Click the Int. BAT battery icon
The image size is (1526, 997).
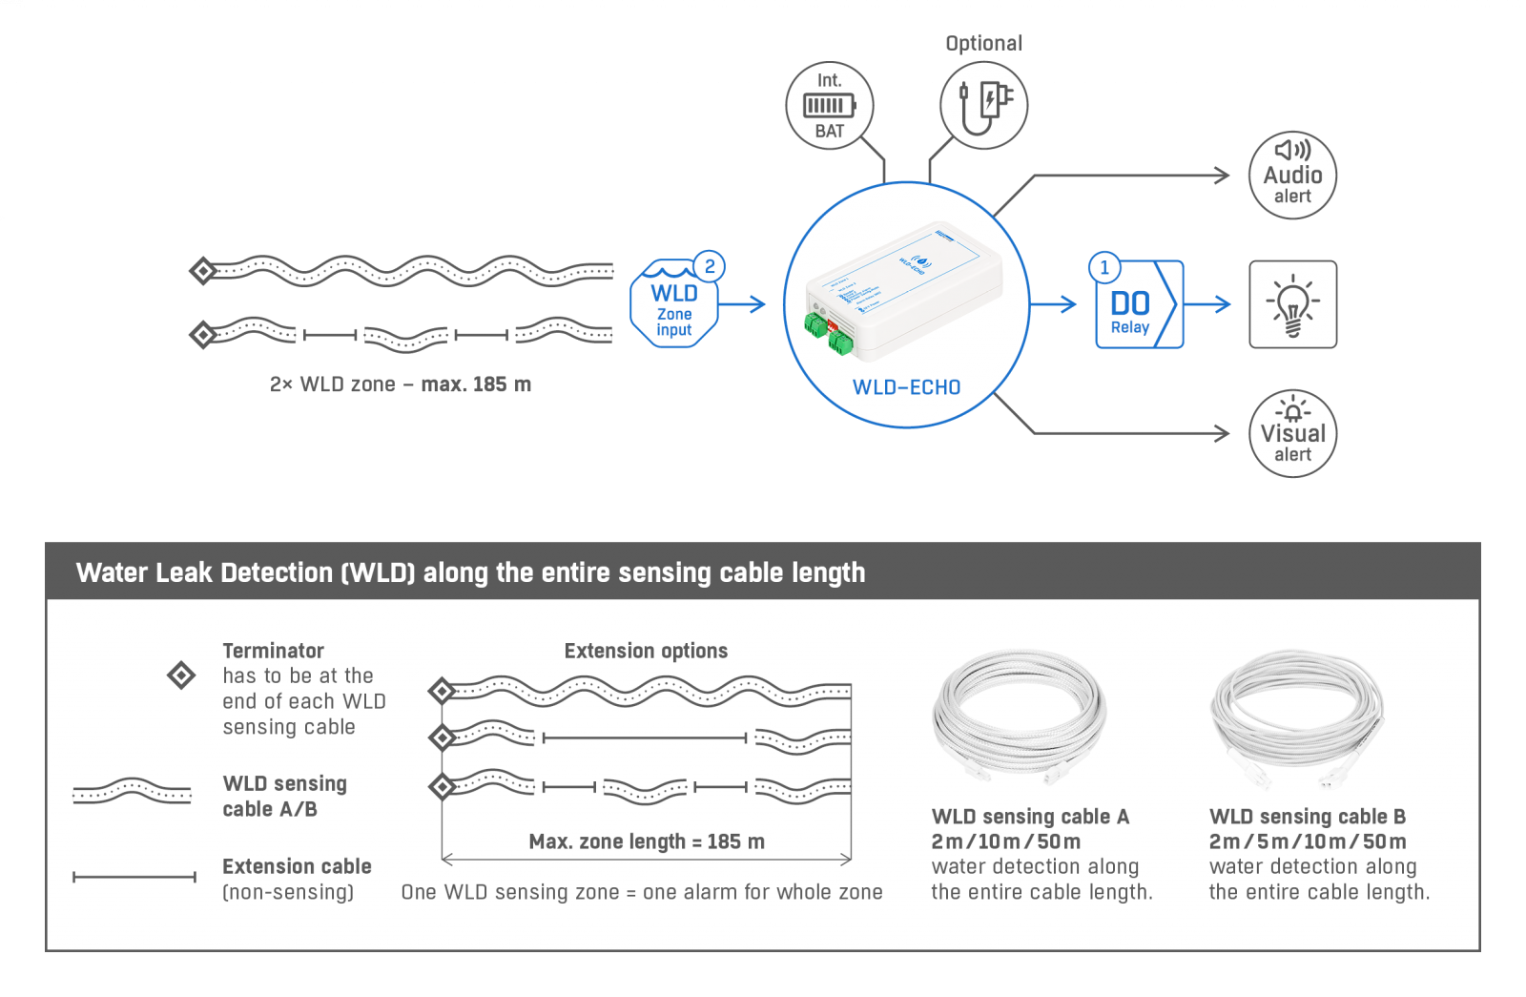pos(829,105)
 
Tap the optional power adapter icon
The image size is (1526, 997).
pos(983,105)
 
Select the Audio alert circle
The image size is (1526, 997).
pos(1292,176)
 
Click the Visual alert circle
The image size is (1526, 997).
pos(1292,433)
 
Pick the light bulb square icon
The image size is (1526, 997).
pos(1292,304)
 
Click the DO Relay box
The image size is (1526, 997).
pos(1138,304)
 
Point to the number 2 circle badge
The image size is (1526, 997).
pos(709,266)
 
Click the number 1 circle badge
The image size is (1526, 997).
pos(1104,268)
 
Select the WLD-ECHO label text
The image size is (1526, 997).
pos(906,387)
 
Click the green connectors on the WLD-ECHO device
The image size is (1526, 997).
pos(827,333)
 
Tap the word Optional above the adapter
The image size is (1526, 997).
pos(983,43)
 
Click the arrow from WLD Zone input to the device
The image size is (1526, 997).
pos(743,304)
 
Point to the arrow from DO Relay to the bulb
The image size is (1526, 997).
pos(1207,304)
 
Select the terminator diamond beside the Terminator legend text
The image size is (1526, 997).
pos(181,675)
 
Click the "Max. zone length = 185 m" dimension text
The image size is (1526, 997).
pos(647,841)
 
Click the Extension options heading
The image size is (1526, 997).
pos(646,651)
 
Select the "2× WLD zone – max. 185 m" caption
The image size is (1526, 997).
pos(401,384)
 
